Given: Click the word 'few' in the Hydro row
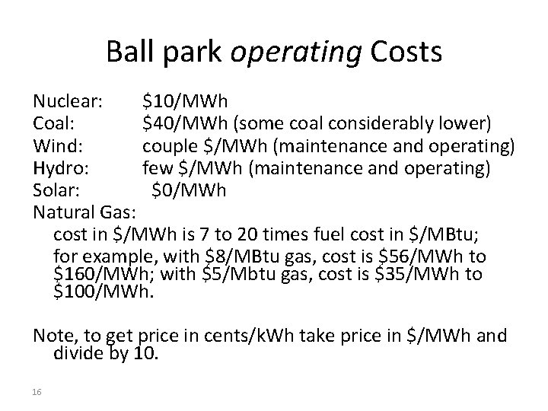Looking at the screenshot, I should tap(156, 167).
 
